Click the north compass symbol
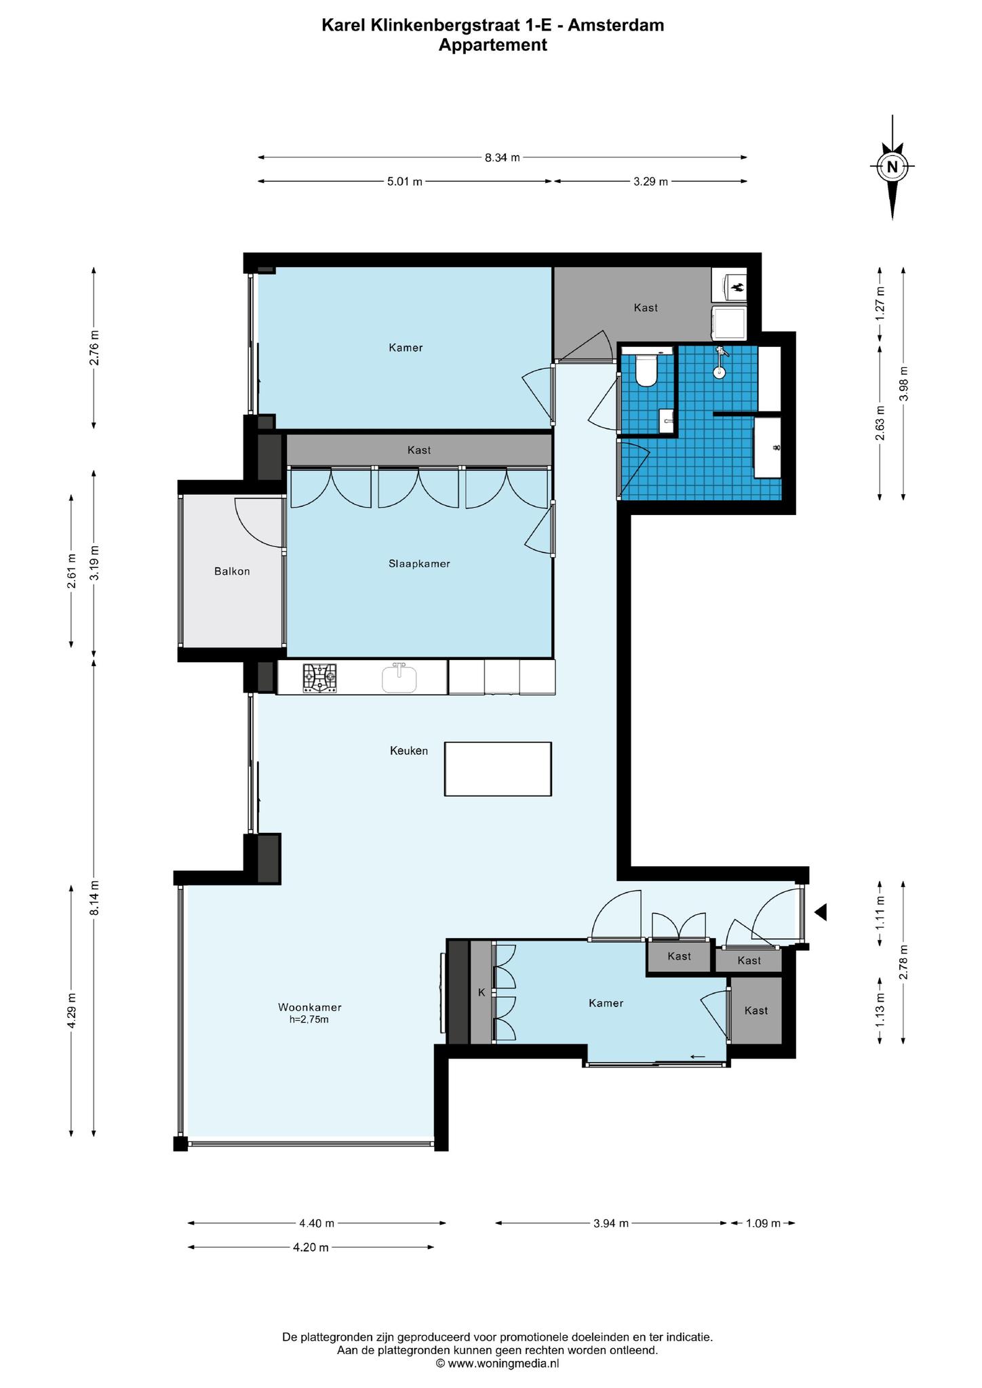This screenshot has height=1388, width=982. tap(892, 167)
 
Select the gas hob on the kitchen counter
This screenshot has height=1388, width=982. tap(319, 677)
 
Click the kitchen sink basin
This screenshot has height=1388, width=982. tap(399, 678)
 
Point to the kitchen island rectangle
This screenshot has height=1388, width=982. tap(498, 769)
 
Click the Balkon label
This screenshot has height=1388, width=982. tap(232, 571)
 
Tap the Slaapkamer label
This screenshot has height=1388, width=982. tap(419, 563)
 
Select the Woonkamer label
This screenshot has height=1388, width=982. tap(309, 1006)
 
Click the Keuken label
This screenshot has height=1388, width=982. tap(408, 750)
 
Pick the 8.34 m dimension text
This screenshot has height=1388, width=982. tap(502, 158)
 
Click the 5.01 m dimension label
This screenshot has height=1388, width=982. tap(404, 182)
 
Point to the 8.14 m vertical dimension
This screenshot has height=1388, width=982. tap(94, 898)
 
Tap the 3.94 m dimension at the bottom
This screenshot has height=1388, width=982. tap(610, 1223)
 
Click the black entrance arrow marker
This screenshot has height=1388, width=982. tap(821, 912)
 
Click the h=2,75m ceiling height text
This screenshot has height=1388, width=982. tap(309, 1019)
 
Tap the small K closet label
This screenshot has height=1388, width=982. tap(482, 992)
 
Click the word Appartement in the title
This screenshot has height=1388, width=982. tap(492, 45)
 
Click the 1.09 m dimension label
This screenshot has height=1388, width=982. tap(763, 1223)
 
